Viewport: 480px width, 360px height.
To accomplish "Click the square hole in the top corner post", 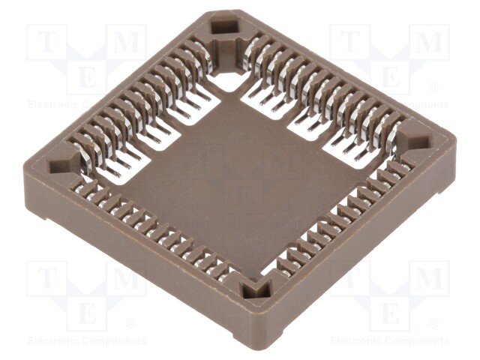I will tap(224, 27).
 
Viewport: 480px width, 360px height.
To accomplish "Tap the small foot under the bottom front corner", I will tap(277, 336).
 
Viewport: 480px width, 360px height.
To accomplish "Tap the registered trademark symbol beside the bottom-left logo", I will tap(130, 324).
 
